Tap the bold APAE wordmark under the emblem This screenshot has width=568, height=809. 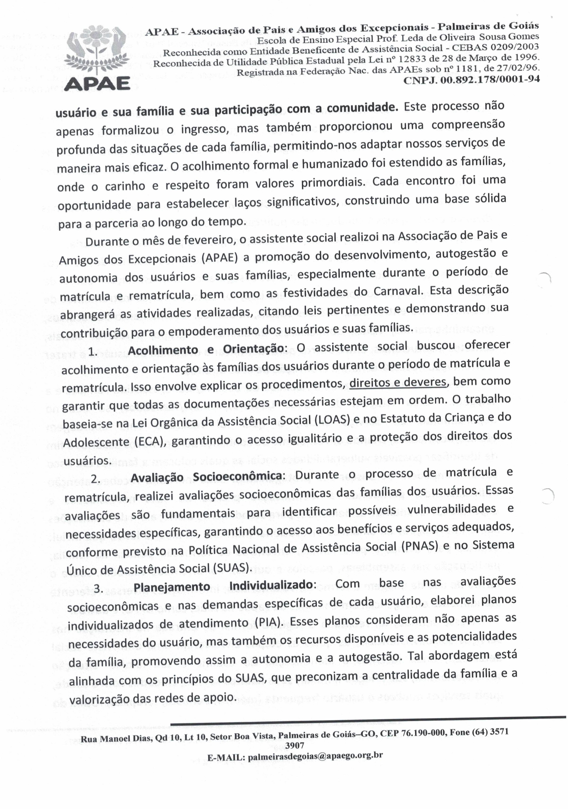97,84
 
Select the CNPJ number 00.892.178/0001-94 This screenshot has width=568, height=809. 471,79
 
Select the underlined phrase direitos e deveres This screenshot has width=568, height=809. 398,382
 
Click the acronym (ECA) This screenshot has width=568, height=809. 148,442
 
